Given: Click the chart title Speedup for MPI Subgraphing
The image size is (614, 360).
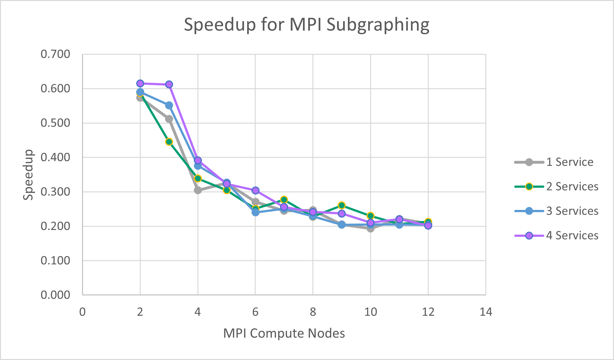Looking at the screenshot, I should tap(306, 25).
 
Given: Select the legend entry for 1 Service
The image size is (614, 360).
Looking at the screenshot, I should tap(569, 162).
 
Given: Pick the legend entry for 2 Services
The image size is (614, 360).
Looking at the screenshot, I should tap(572, 186).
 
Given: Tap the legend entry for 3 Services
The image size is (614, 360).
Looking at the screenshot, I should tap(572, 211).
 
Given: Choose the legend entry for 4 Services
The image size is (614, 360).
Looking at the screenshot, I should tap(572, 236).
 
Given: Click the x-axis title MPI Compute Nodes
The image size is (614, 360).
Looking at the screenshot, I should tap(284, 333).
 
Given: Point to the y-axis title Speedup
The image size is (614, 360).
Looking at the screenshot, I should tap(28, 175).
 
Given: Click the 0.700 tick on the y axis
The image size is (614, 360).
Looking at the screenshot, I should tap(55, 54).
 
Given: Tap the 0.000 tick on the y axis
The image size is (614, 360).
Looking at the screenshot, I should tap(55, 295).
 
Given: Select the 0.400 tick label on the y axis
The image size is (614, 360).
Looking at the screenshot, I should tap(55, 157).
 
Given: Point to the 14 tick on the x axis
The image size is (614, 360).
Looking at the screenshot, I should tap(486, 312).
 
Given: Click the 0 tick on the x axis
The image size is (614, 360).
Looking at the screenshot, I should tap(82, 312).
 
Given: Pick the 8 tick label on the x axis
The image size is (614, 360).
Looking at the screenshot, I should tap(313, 312).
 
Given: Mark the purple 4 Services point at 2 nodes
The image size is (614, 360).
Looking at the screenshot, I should tap(140, 84).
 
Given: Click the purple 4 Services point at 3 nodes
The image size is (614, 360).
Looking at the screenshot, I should tap(169, 85).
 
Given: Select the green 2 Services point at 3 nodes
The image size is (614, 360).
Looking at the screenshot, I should tap(169, 142).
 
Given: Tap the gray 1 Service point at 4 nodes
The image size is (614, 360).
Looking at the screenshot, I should tap(198, 190).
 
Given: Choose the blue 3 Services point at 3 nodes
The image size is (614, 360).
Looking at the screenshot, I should tap(169, 105).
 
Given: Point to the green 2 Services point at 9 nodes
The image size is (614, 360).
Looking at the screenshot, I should tap(342, 205).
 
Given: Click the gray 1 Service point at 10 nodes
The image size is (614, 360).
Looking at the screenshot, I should tap(370, 228).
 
